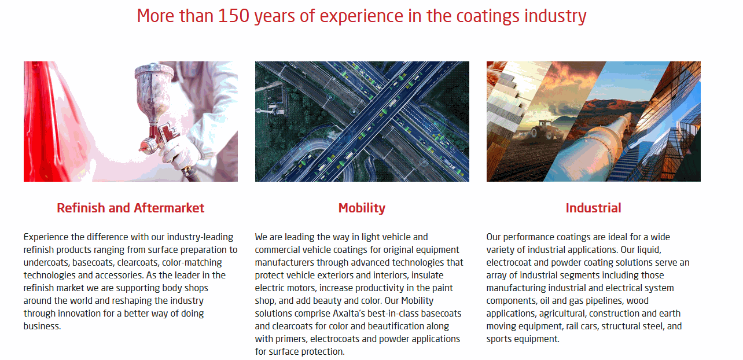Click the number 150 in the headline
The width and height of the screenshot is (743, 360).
[x=234, y=16]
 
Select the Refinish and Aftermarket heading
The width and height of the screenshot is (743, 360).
[x=130, y=208]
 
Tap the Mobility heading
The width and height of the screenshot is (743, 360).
[x=362, y=208]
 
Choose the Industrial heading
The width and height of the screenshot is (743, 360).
[x=593, y=208]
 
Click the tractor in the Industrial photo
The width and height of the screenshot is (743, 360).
[x=544, y=130]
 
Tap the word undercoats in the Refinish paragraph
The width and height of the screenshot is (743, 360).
[x=46, y=262]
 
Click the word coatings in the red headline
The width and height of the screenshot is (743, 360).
[x=488, y=16]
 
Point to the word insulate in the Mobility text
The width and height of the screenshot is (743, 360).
[x=427, y=275]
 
